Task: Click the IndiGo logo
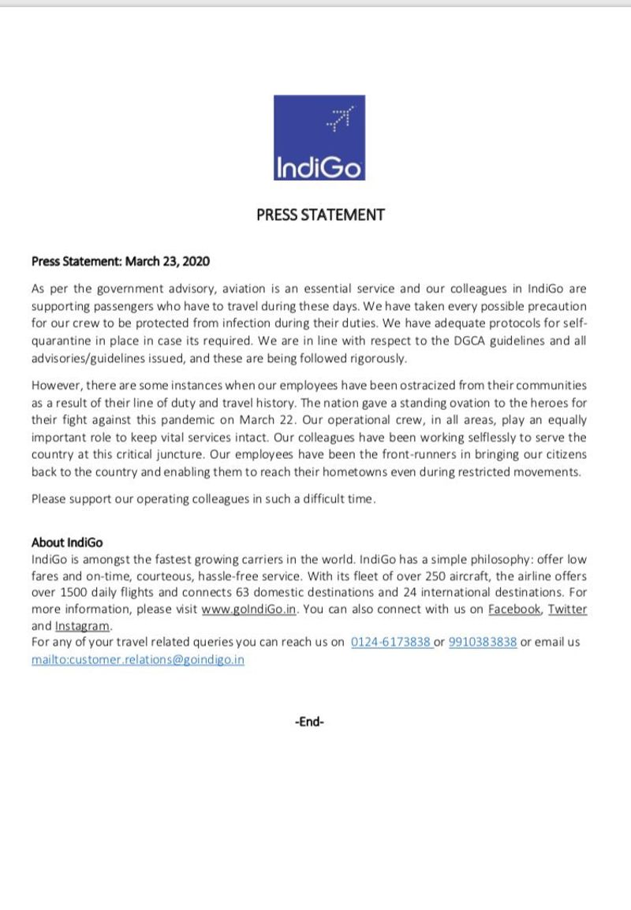(x=319, y=137)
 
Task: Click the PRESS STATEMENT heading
(x=320, y=214)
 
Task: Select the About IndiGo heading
(x=67, y=543)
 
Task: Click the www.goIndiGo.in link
(x=249, y=609)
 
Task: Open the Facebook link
(x=515, y=609)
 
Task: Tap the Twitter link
(x=568, y=609)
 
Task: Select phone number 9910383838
(x=483, y=642)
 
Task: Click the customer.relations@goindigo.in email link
(x=138, y=659)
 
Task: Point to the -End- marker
(x=309, y=721)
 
